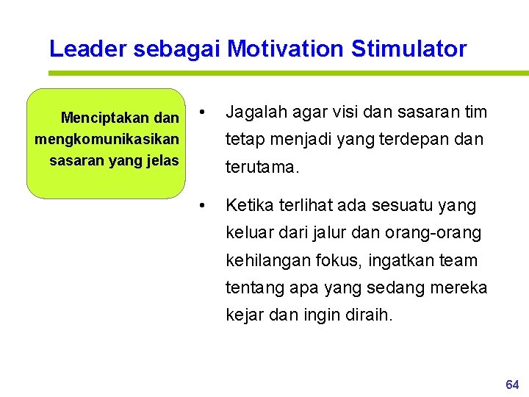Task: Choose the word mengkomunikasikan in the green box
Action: (107, 139)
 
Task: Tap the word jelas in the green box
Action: (162, 160)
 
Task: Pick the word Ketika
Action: (248, 205)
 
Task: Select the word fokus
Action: (345, 261)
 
